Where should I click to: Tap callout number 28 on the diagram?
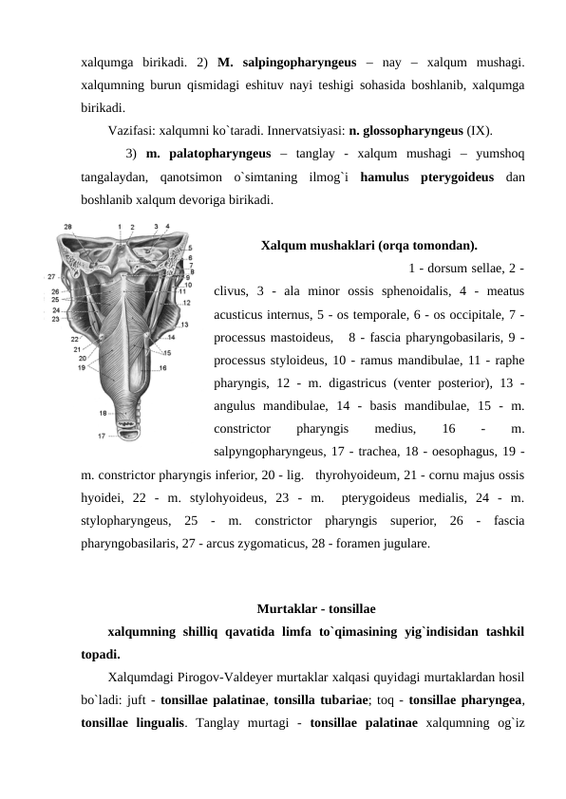[x=67, y=226]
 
